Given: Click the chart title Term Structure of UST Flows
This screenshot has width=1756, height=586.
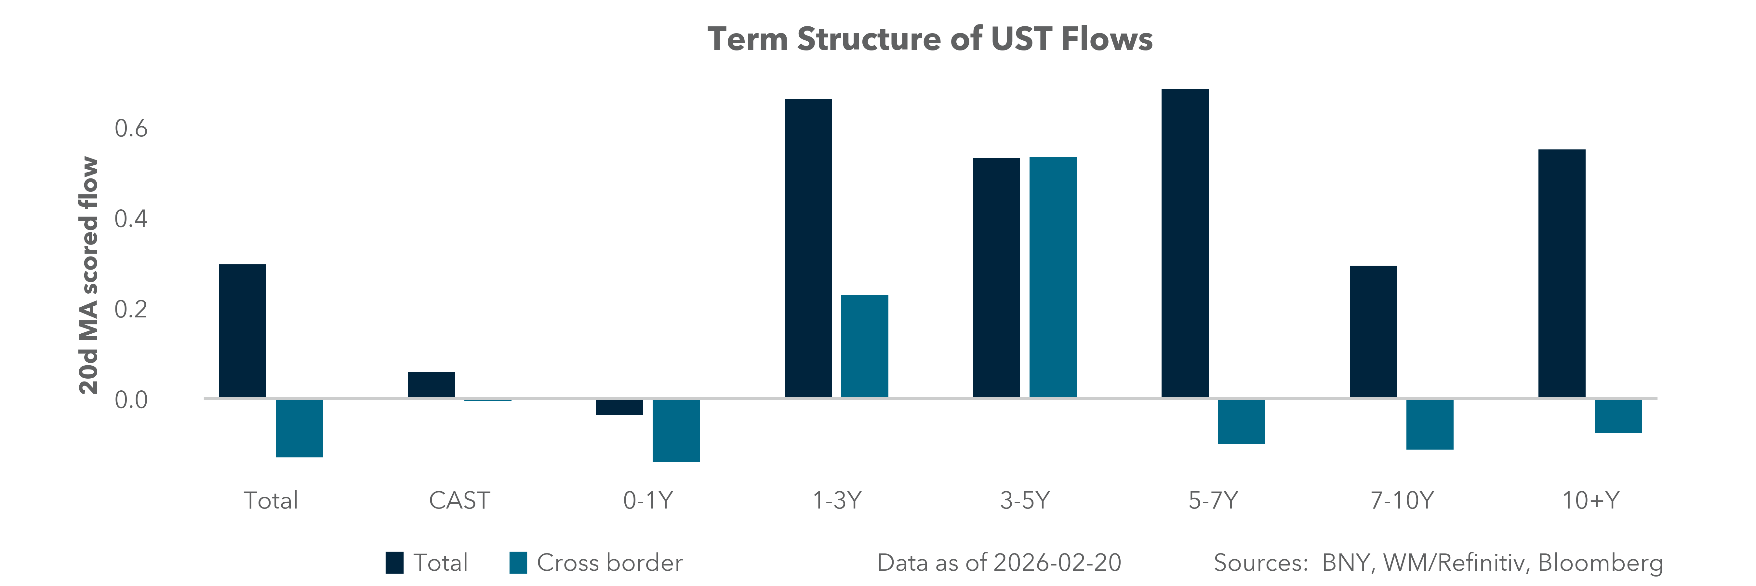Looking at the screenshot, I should point(930,39).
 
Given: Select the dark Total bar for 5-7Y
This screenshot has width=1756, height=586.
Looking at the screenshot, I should point(1185,243).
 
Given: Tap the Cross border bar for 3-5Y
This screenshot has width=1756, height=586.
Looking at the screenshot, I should point(1053,277).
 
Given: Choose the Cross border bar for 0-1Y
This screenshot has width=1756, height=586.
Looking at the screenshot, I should point(675,430).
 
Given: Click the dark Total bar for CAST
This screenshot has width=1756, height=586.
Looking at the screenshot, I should point(431,385).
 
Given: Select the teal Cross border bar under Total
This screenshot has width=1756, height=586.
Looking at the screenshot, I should point(299,428).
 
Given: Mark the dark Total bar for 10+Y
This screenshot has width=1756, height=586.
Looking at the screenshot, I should point(1562,273).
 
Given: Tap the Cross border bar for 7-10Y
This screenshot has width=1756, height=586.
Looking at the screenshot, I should point(1430,424).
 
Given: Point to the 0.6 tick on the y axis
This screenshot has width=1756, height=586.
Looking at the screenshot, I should point(131,128).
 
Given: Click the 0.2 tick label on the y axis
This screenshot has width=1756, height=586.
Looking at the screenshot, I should point(131,309).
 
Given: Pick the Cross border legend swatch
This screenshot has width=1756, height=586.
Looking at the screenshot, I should point(518,563).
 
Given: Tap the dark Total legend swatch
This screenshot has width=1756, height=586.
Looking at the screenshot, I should point(394,563).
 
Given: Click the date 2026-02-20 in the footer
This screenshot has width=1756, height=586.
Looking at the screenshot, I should point(1057,563).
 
